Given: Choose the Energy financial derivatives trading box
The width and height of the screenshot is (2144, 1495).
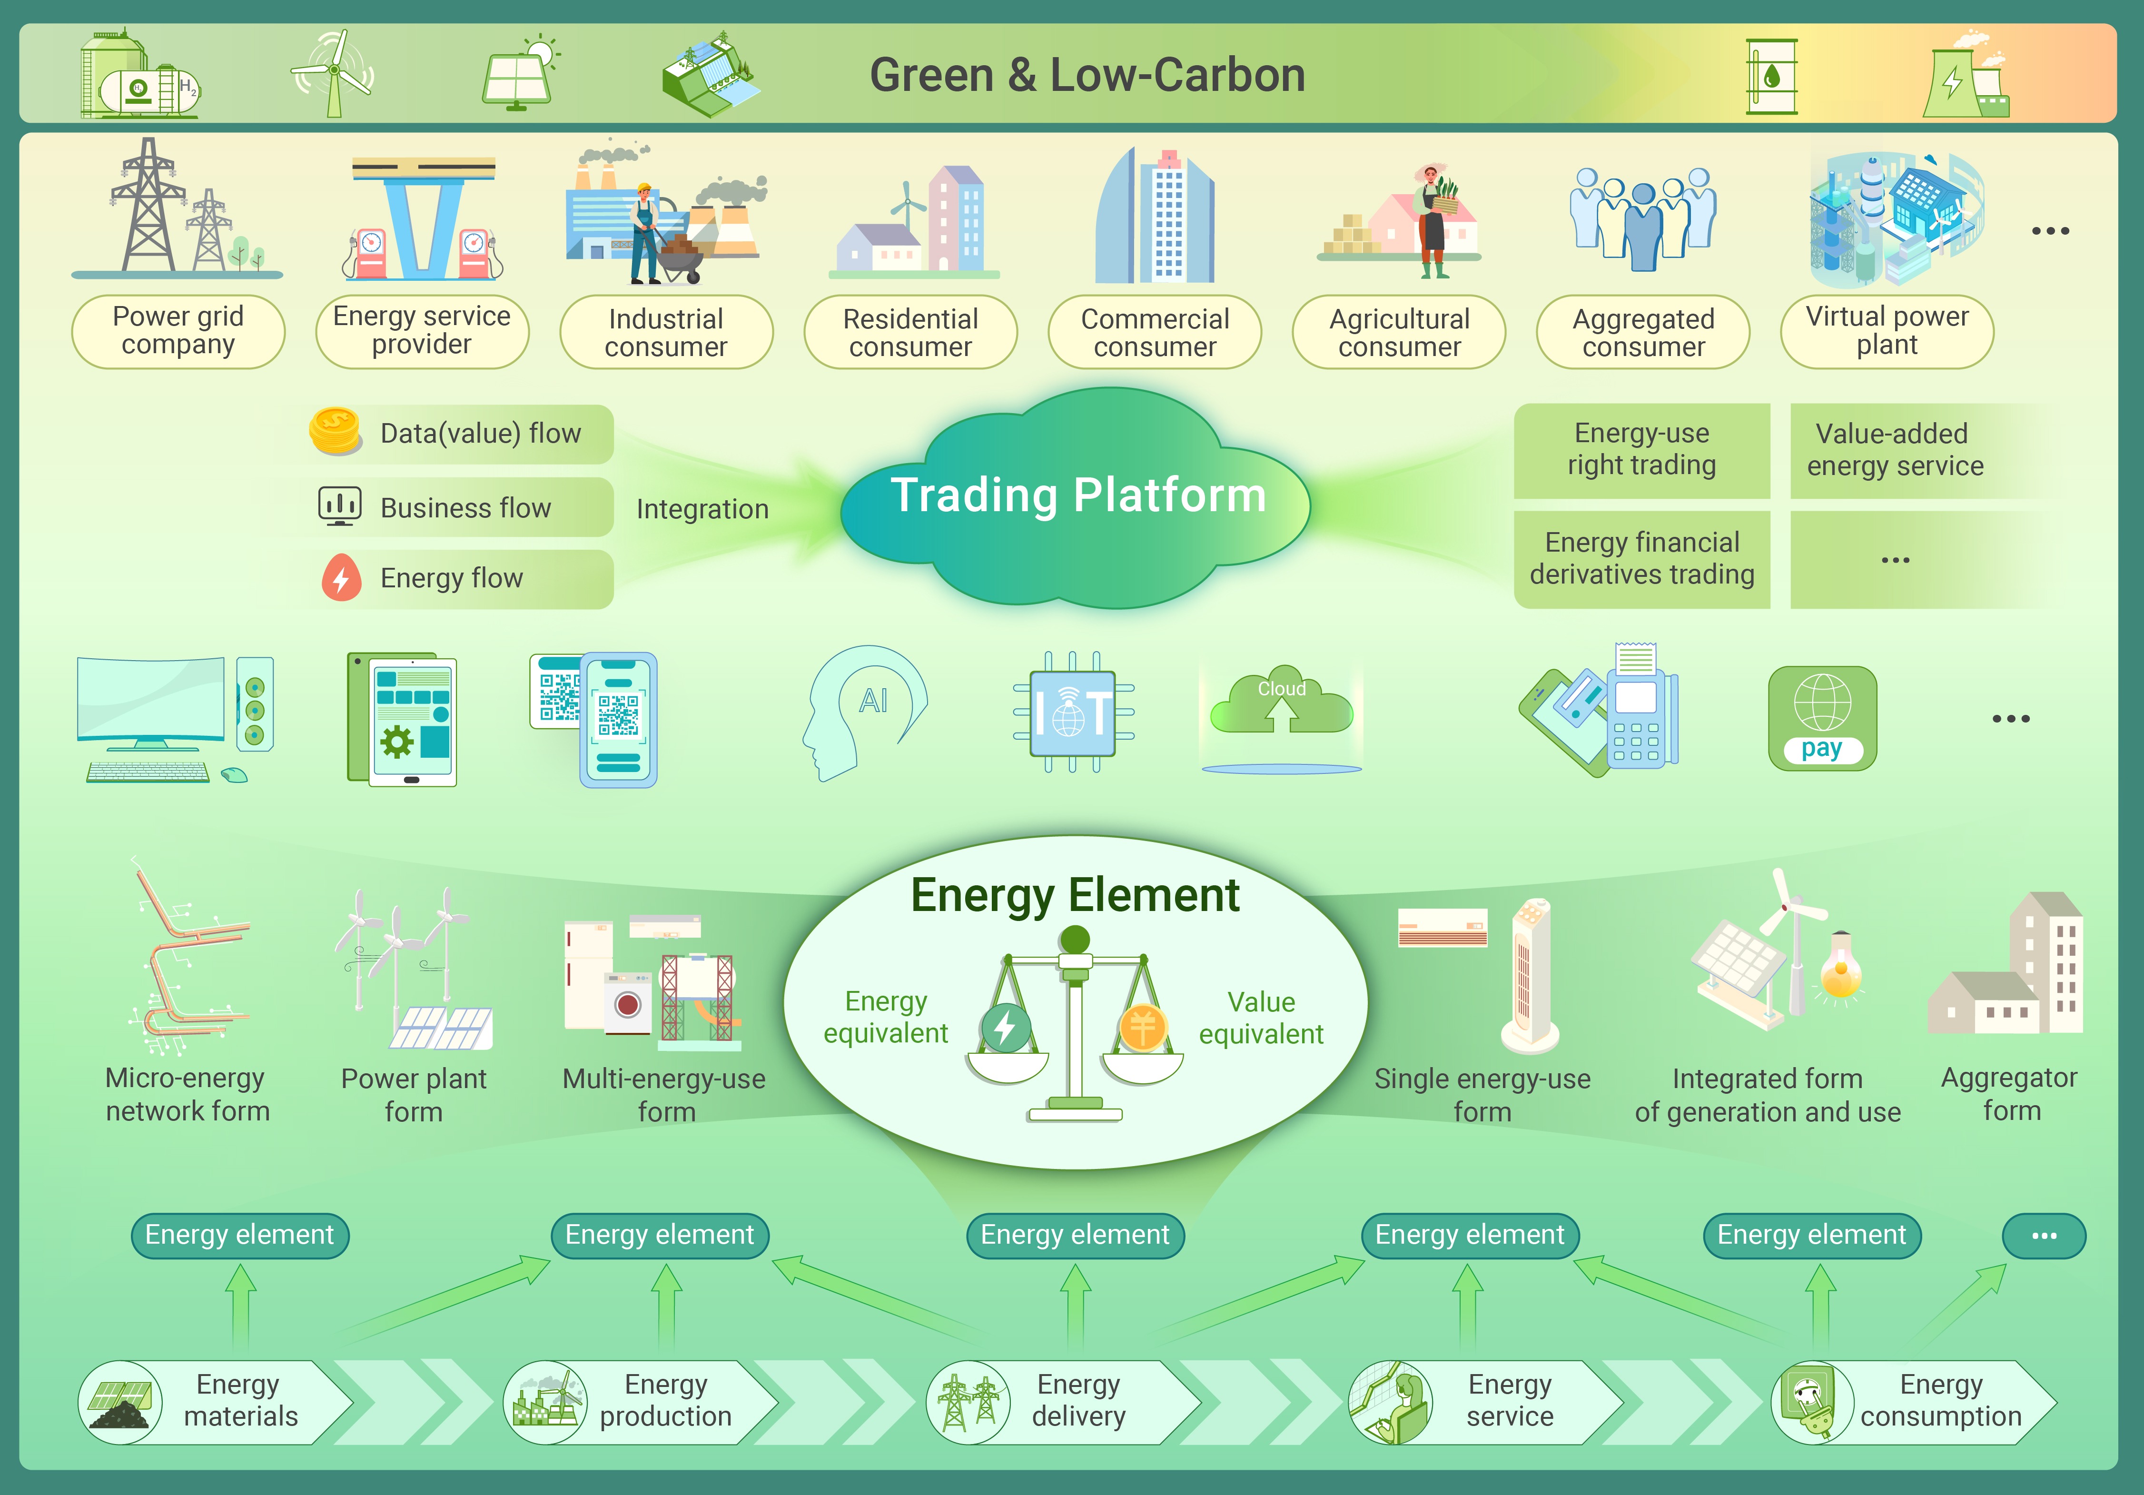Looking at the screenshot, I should (1641, 558).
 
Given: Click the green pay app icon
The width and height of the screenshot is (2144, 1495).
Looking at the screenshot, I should (1822, 718).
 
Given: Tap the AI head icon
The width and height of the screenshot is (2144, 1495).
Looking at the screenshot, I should (864, 710).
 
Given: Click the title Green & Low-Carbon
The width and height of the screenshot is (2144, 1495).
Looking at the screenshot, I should (1087, 75).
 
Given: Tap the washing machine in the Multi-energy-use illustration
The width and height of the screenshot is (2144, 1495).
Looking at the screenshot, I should (628, 1004).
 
